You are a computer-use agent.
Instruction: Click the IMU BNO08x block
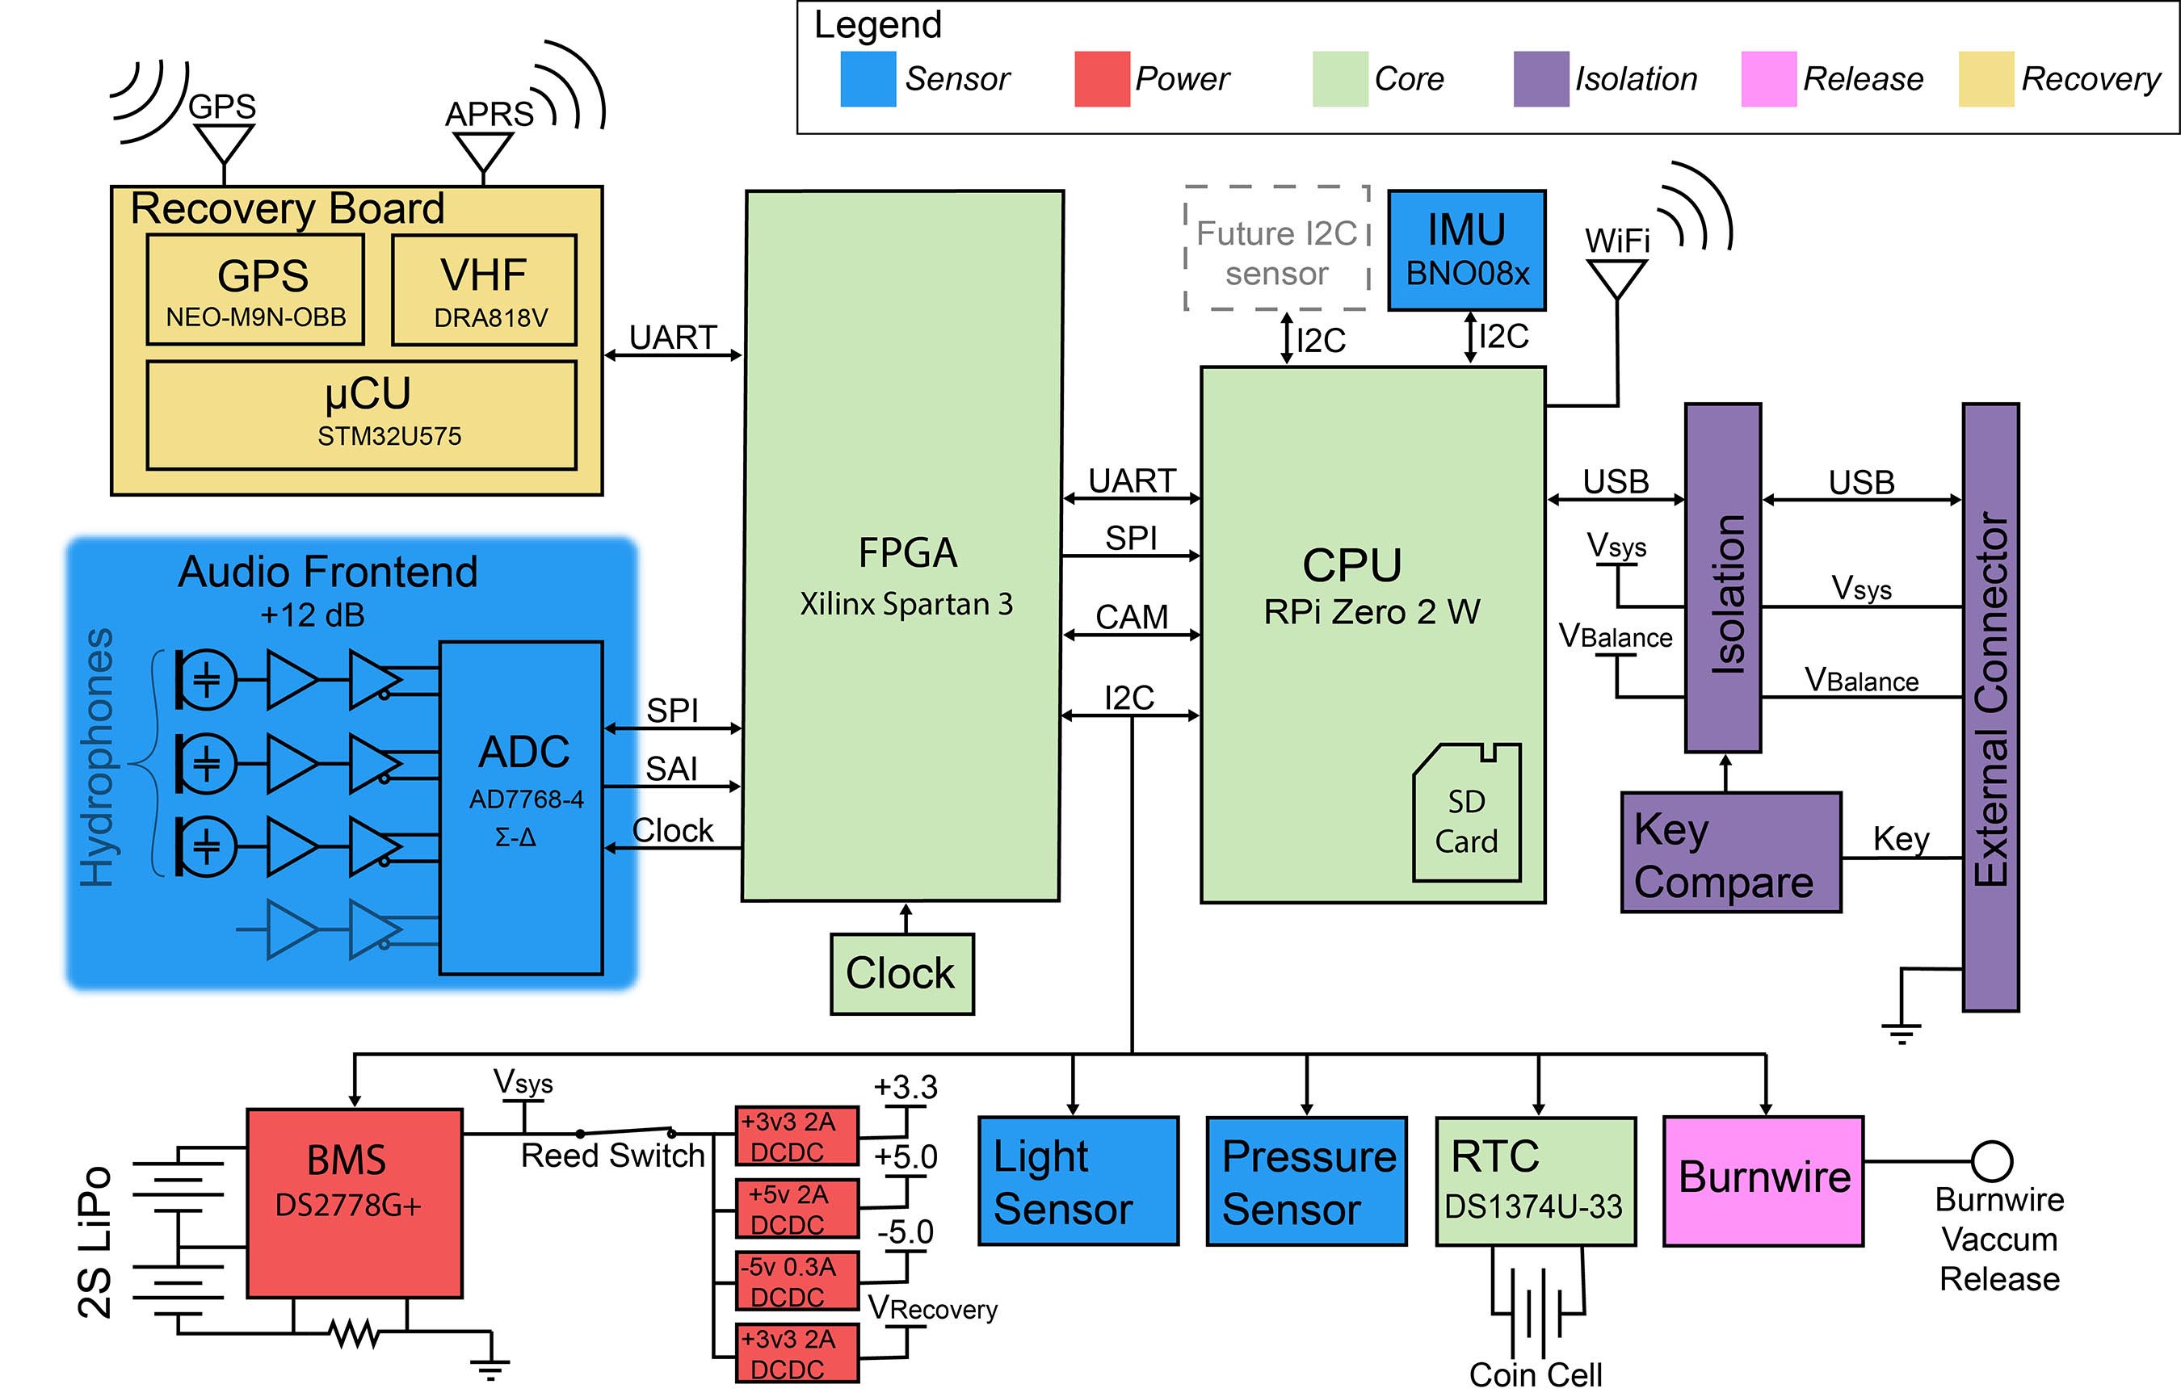[x=1466, y=250]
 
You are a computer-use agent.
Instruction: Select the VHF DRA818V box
[x=484, y=289]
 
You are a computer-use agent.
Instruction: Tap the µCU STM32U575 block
[x=361, y=414]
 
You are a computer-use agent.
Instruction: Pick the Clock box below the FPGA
[x=901, y=973]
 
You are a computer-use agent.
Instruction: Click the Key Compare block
[x=1730, y=853]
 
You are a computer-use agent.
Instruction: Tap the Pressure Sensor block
[x=1306, y=1181]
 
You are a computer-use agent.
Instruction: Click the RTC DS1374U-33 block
[x=1535, y=1181]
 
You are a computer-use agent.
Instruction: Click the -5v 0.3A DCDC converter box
[x=796, y=1281]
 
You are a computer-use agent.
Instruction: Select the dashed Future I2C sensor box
[x=1276, y=250]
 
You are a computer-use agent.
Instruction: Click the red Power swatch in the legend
[x=1101, y=79]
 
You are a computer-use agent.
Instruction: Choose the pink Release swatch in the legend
[x=1768, y=79]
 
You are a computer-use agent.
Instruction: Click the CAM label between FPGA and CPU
[x=1132, y=617]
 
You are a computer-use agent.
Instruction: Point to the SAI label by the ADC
[x=671, y=769]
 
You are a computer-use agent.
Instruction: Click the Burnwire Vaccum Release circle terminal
[x=1991, y=1160]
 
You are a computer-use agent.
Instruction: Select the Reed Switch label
[x=612, y=1156]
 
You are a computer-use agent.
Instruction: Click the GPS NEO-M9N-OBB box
[x=255, y=289]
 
